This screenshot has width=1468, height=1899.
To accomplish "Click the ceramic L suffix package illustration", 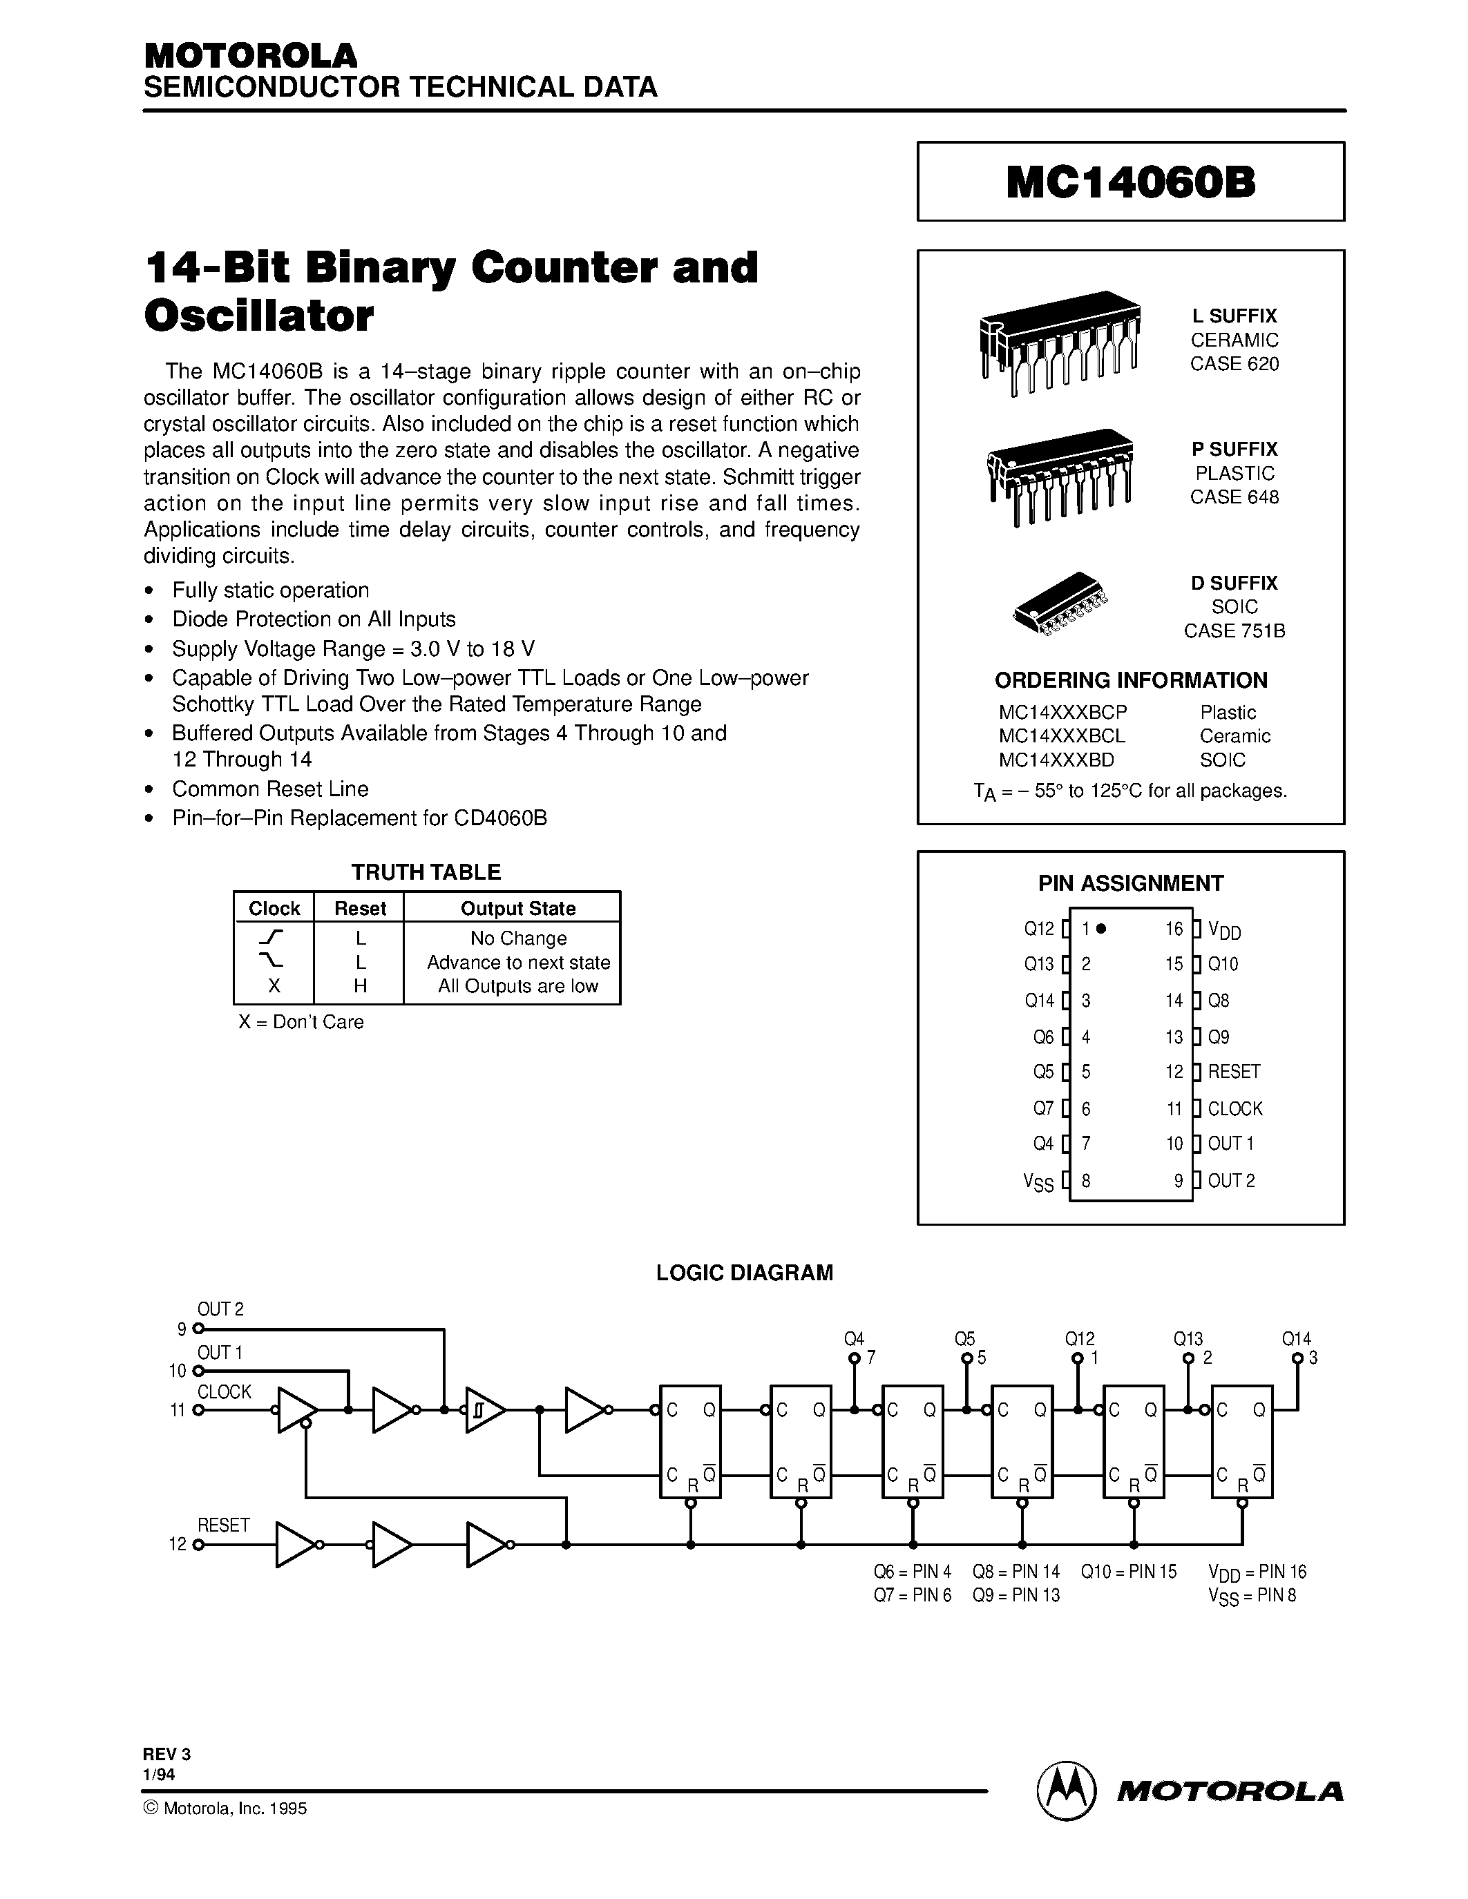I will (x=1059, y=341).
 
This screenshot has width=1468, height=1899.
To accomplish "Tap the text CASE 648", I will (x=1234, y=497).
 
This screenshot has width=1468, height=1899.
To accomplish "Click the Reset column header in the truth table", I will (x=360, y=908).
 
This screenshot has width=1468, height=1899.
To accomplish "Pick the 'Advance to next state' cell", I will (x=518, y=963).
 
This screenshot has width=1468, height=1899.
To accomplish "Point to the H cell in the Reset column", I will (x=360, y=986).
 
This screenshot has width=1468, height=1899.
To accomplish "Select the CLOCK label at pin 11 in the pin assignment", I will (x=1234, y=1108).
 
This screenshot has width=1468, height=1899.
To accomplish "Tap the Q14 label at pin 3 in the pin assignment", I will (x=1039, y=1001).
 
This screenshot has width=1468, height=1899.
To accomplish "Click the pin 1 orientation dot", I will (x=1101, y=929).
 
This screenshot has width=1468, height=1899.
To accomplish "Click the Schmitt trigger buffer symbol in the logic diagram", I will (x=484, y=1410).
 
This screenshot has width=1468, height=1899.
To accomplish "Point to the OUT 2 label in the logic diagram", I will (x=220, y=1309).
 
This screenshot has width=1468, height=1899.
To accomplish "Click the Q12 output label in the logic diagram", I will (x=1079, y=1339).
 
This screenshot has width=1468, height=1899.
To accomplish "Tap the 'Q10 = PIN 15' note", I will (x=1128, y=1571).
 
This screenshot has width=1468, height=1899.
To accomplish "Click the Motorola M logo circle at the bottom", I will (x=1065, y=1791).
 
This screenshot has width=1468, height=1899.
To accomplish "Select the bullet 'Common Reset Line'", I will (x=271, y=789).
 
